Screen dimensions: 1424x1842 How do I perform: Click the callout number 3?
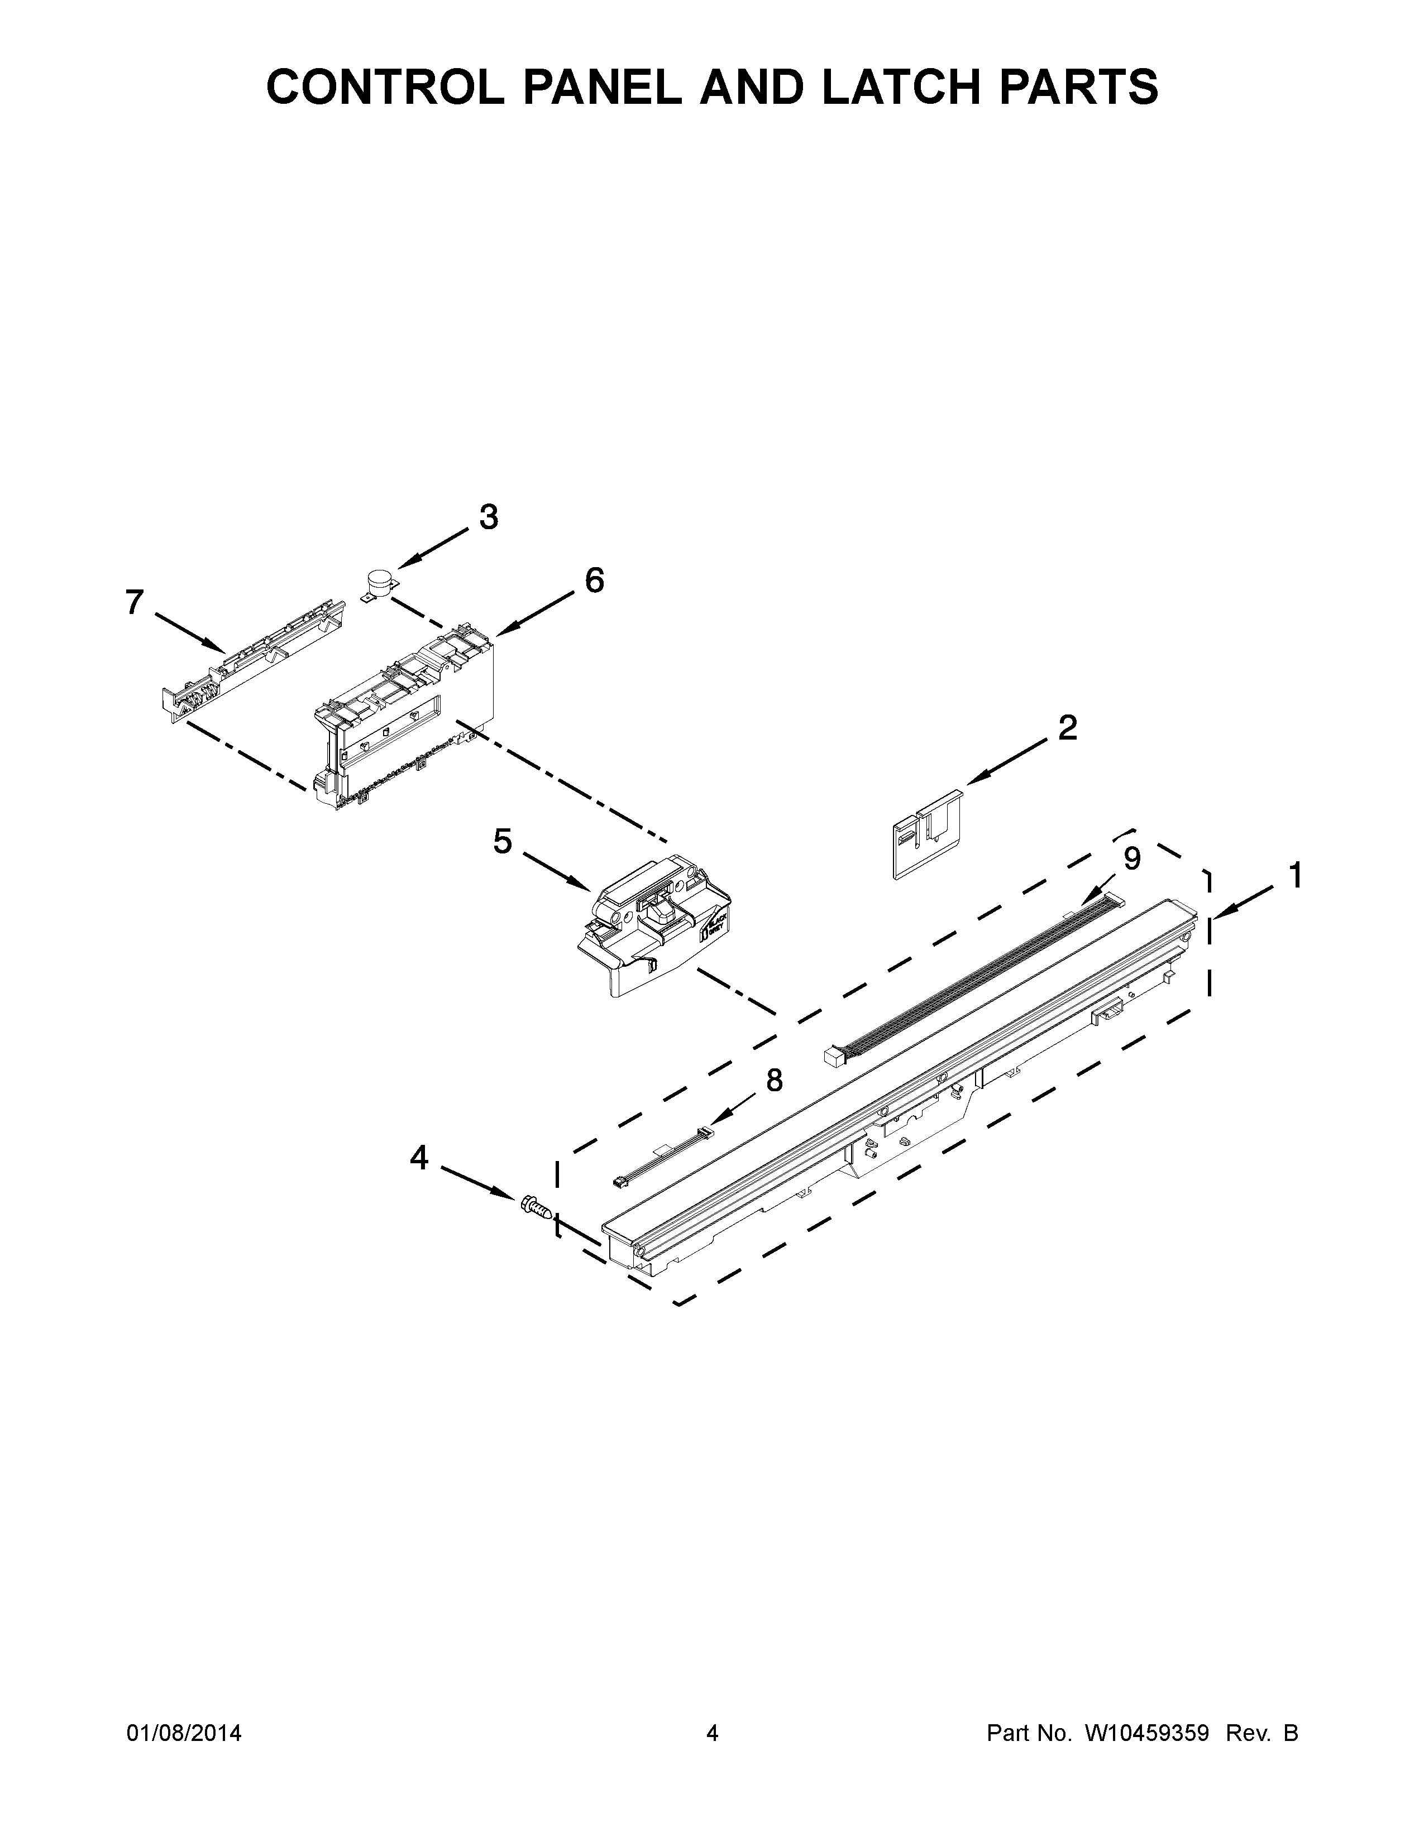tap(489, 517)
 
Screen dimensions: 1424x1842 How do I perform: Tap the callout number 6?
tap(594, 581)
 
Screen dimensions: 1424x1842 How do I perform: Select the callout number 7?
tap(135, 602)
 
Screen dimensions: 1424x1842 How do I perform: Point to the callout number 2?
tap(1067, 728)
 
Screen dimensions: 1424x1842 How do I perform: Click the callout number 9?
tap(1132, 858)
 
